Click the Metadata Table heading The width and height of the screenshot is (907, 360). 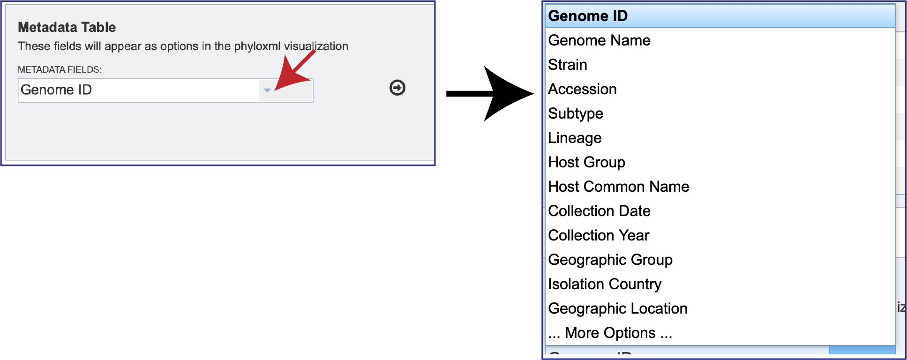[67, 27]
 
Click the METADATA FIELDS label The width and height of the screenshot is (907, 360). [60, 69]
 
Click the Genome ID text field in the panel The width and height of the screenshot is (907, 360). [138, 90]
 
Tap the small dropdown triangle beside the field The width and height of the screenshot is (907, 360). [267, 90]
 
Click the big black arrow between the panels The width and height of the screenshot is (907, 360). [490, 94]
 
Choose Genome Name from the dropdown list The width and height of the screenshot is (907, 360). [599, 40]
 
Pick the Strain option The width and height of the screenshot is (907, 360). [567, 65]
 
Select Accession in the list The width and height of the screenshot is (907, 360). [582, 89]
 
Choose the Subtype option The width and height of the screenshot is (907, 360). [576, 113]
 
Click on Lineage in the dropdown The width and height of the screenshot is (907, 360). [575, 138]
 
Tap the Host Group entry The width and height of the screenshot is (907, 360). [586, 162]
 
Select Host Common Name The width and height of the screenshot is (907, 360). [618, 187]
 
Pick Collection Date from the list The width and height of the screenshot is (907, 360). [599, 211]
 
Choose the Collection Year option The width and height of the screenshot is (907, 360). [599, 235]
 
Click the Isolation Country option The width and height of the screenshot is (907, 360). [605, 284]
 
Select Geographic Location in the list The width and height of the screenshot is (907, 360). [617, 308]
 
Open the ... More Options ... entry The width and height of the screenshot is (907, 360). [610, 333]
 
